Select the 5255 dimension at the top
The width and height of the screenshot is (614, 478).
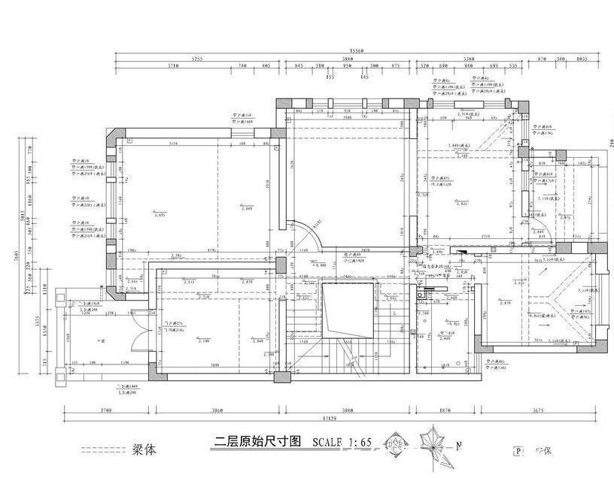pos(197,59)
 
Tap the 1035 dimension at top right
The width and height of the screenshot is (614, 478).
pos(581,59)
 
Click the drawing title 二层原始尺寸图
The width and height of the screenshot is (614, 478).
pos(257,442)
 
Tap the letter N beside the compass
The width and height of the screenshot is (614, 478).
pos(458,445)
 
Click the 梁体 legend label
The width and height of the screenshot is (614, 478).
pos(146,450)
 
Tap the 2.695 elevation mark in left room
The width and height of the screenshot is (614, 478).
pos(159,215)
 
